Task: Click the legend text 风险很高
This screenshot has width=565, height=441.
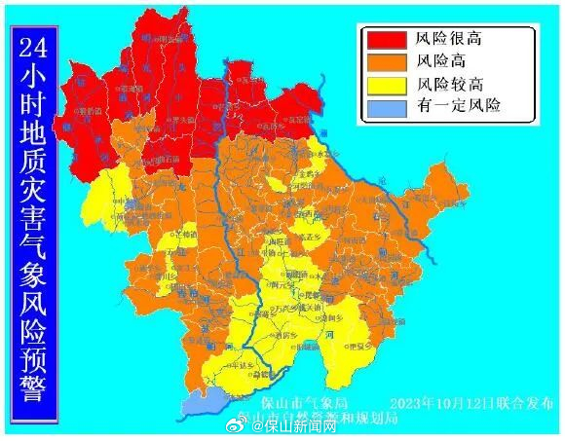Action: coord(450,40)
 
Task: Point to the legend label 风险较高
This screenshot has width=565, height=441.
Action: coord(450,85)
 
